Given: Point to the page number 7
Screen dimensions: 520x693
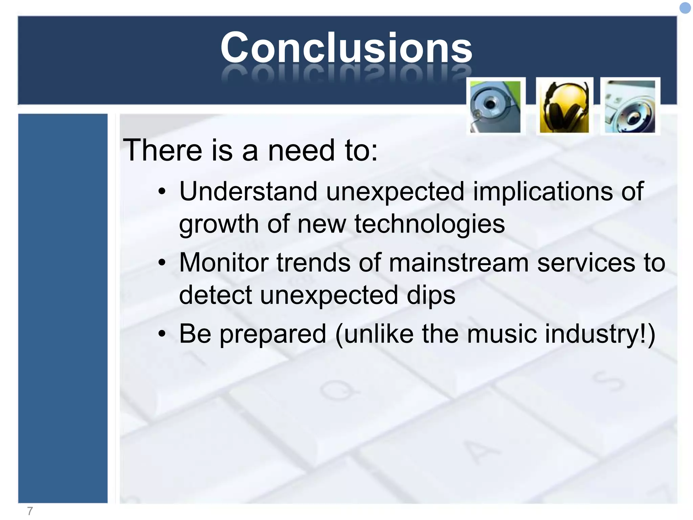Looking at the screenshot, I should click(x=30, y=511).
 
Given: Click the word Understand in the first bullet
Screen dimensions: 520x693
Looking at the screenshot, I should click(x=248, y=192).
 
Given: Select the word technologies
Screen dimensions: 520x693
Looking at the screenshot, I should click(x=429, y=224).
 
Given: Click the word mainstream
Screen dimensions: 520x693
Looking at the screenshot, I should click(x=459, y=263).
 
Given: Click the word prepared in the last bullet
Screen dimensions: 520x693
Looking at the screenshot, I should click(x=273, y=334).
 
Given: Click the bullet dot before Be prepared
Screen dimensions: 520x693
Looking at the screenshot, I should click(x=162, y=334).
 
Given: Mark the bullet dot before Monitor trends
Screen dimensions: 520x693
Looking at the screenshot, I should click(x=162, y=263).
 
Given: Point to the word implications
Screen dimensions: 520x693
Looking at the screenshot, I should click(x=542, y=192).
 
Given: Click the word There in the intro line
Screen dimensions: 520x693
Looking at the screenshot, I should click(x=162, y=150).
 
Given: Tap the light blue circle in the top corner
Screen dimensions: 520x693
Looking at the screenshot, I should click(x=685, y=8).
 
